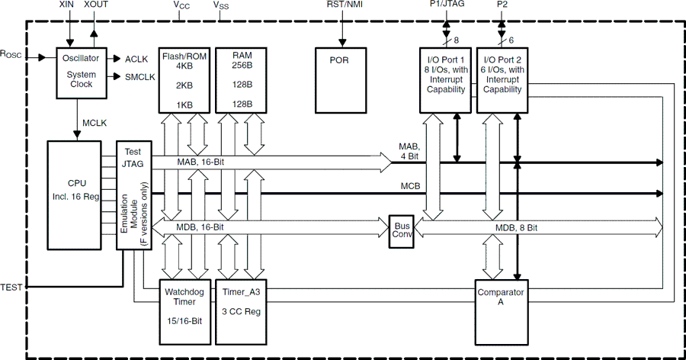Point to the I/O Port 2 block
tap(501, 80)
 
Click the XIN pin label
tap(68, 5)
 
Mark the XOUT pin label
tap(96, 5)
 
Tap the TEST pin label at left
tap(12, 287)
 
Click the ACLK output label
tap(136, 59)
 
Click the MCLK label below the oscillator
tap(95, 122)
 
